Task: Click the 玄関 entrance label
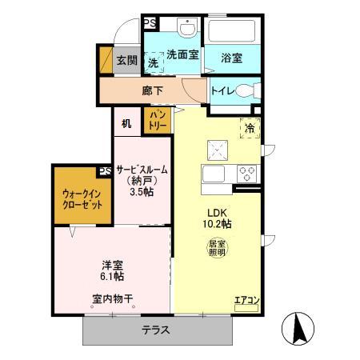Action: coord(126,60)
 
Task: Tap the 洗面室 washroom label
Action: coord(182,54)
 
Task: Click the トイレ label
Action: coord(223,91)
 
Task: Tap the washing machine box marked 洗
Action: coord(154,62)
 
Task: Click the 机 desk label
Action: coord(126,123)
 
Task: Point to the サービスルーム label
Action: coord(142,170)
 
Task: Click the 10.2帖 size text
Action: coord(216,224)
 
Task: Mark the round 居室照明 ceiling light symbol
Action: coord(217,248)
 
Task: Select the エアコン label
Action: coord(246,301)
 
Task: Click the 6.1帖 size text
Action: coord(112,275)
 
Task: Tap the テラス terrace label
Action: coord(156,330)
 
